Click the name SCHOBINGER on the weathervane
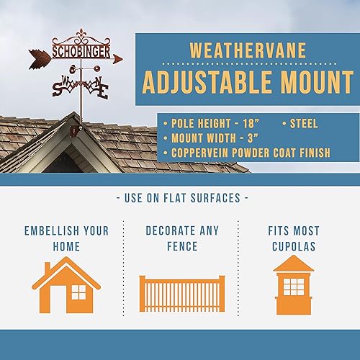[81, 52]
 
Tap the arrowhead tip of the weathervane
[122, 58]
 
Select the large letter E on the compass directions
[104, 91]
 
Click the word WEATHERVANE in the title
[248, 50]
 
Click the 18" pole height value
[251, 123]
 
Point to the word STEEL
[304, 124]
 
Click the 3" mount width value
[253, 138]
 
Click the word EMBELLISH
[49, 231]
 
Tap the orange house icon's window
[78, 292]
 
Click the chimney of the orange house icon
[48, 267]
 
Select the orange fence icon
[182, 294]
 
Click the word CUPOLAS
[294, 246]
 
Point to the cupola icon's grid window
[294, 287]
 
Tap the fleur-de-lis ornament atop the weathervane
[81, 35]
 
